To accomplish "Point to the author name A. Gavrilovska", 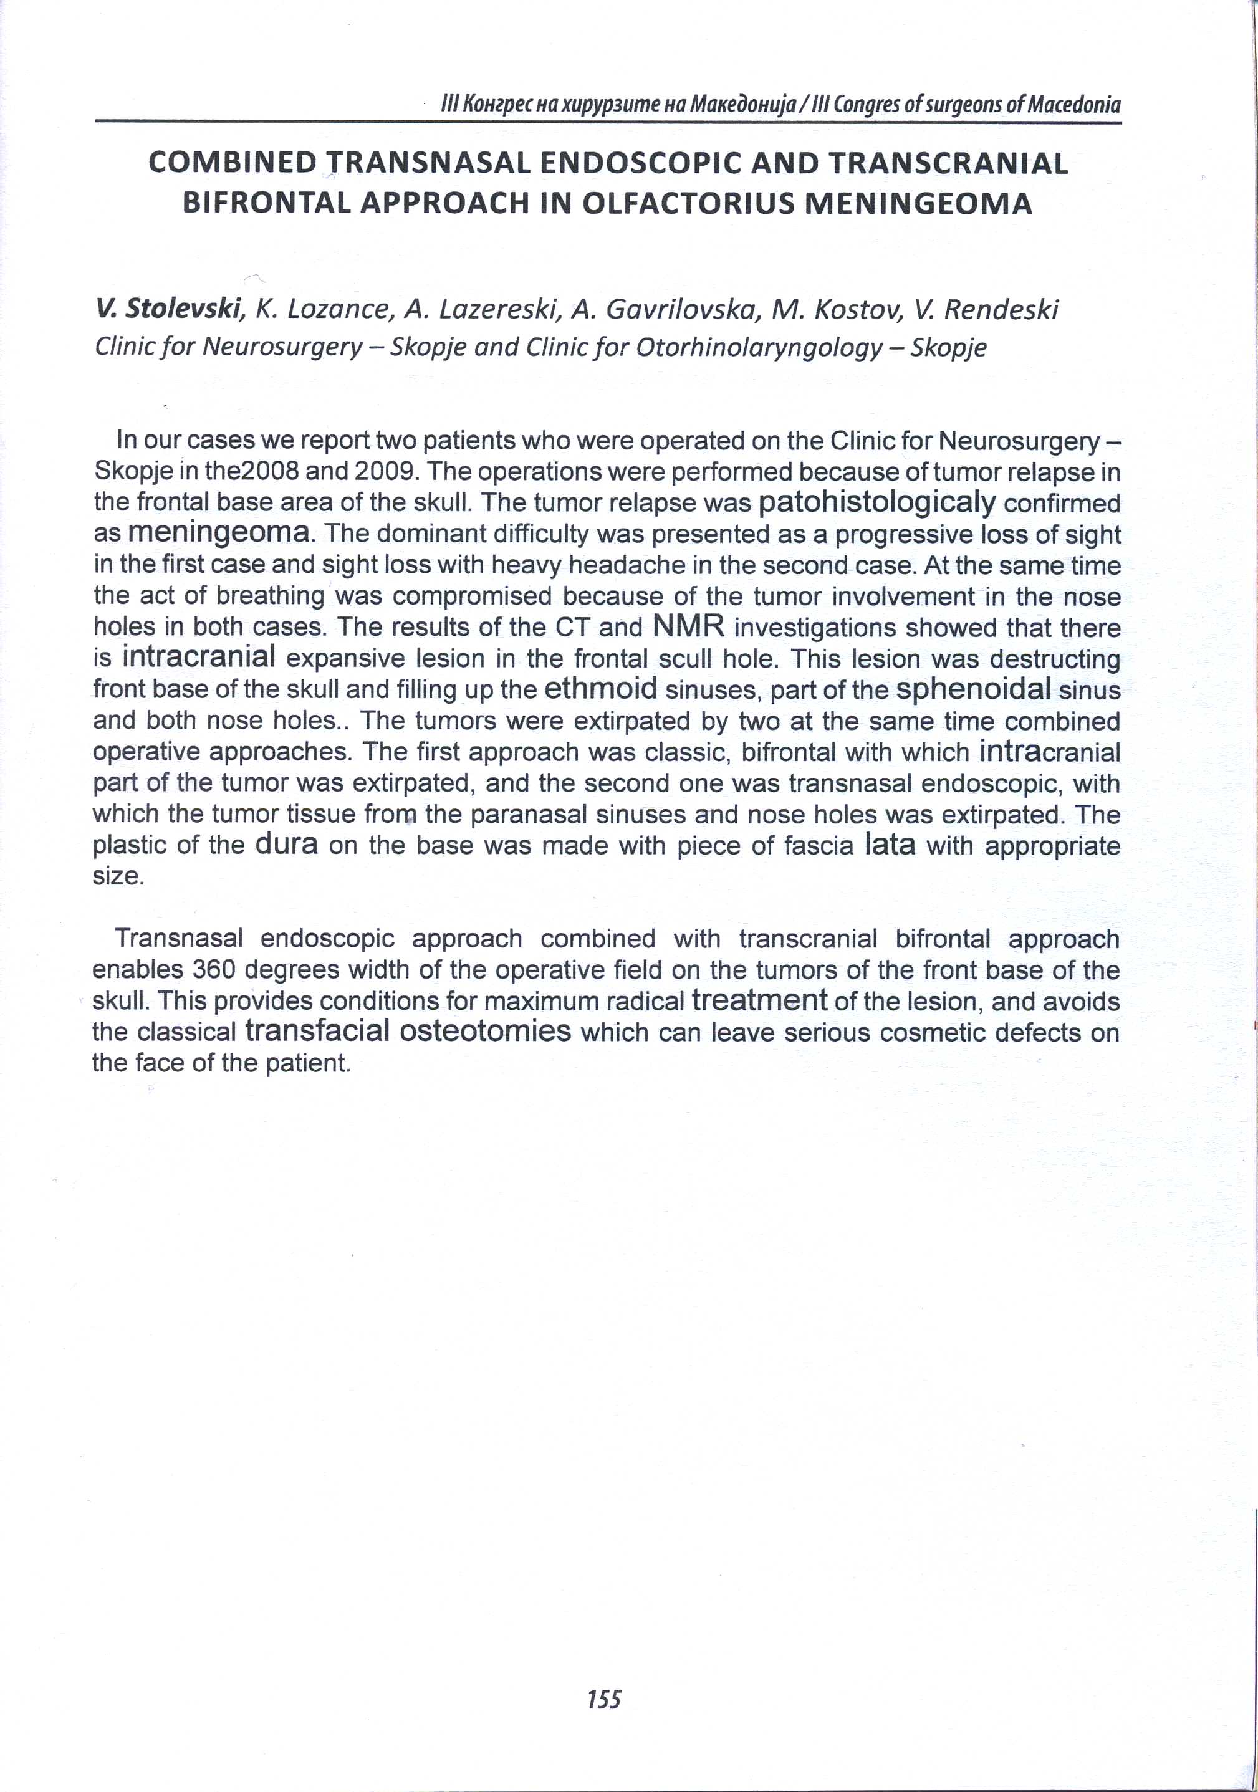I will pyautogui.click(x=666, y=310).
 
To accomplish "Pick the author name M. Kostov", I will pyautogui.click(x=832, y=310).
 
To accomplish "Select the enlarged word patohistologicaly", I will pyautogui.click(x=876, y=502).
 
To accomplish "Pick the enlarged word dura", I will pyautogui.click(x=286, y=845).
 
